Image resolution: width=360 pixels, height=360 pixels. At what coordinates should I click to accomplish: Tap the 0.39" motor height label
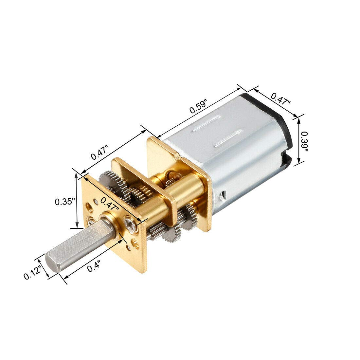(305, 141)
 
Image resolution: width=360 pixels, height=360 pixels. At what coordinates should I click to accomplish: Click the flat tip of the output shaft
(51, 265)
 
